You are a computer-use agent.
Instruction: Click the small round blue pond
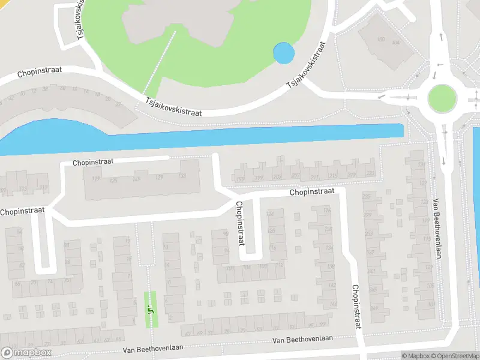[284, 53]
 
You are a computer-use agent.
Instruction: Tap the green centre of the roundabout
[442, 97]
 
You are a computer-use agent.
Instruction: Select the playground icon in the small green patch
[150, 310]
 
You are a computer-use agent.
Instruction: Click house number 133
[182, 176]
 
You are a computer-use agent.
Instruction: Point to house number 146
[334, 305]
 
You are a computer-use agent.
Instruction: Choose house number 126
[327, 211]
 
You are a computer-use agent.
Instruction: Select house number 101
[137, 179]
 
